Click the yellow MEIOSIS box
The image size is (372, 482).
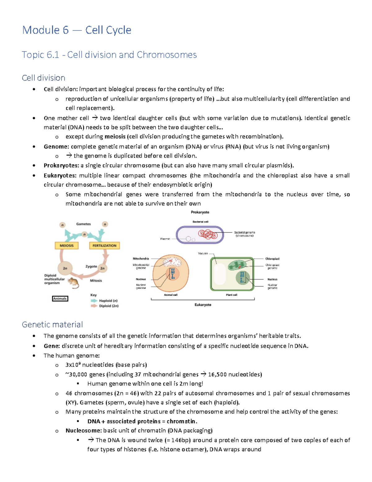[67, 246]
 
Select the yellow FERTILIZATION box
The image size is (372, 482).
[104, 246]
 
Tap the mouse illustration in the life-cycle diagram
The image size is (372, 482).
[74, 282]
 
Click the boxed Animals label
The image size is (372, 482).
[60, 299]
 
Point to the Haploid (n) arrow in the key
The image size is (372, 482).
[94, 301]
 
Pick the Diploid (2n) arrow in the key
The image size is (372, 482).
[94, 306]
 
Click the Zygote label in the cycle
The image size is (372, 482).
[91, 266]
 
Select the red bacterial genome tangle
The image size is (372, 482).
[208, 234]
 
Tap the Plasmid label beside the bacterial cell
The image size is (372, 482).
[165, 239]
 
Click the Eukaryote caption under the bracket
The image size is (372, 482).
[203, 305]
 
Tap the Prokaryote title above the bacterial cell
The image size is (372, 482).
[200, 212]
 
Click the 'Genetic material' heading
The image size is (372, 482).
[52, 324]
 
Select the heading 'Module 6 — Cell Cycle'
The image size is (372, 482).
[77, 30]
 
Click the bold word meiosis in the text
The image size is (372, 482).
[115, 137]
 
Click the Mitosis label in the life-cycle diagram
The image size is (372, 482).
[96, 281]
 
